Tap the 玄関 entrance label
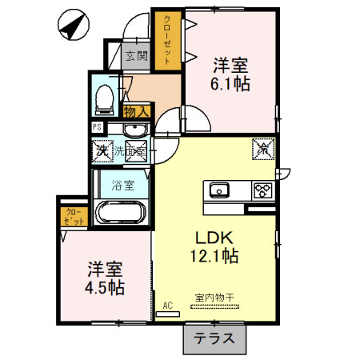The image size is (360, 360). coord(137,56)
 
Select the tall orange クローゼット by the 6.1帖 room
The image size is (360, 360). coord(167,40)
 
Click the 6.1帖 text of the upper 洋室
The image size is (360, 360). coord(231,82)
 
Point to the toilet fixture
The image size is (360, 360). coord(102,98)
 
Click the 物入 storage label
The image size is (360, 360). coord(136,111)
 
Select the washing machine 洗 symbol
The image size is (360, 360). coord(102,150)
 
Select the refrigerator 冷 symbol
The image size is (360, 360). coord(263,148)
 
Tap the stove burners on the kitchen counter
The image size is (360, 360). coord(262,190)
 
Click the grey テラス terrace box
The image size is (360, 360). coord(215,338)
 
